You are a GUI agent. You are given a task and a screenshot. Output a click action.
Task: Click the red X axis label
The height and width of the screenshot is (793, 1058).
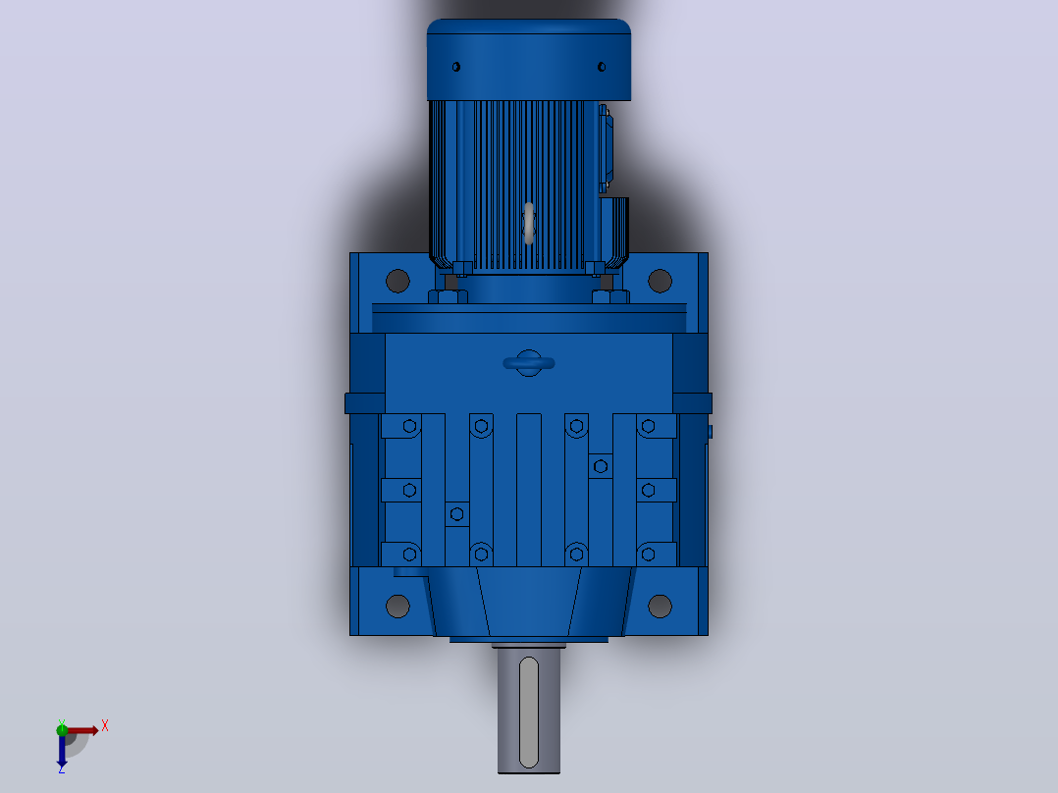[x=105, y=726]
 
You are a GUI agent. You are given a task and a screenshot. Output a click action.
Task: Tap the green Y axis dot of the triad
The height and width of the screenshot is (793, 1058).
[x=62, y=729]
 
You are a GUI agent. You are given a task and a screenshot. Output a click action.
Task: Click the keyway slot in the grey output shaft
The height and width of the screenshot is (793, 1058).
[x=529, y=713]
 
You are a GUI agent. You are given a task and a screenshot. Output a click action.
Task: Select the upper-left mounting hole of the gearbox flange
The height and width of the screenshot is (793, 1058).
[x=397, y=281]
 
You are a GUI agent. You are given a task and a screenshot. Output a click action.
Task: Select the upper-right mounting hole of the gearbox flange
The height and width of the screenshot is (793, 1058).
[x=660, y=281]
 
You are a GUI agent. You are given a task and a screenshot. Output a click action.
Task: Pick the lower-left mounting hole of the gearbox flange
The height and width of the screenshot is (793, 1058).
[x=397, y=607]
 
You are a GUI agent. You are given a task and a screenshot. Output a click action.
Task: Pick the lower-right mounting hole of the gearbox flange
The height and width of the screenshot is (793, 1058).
[x=660, y=607]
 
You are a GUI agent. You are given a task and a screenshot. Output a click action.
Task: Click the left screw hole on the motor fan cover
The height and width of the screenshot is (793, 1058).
[x=456, y=67]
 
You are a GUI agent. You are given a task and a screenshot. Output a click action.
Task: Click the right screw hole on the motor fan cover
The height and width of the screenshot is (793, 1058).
[x=602, y=67]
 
